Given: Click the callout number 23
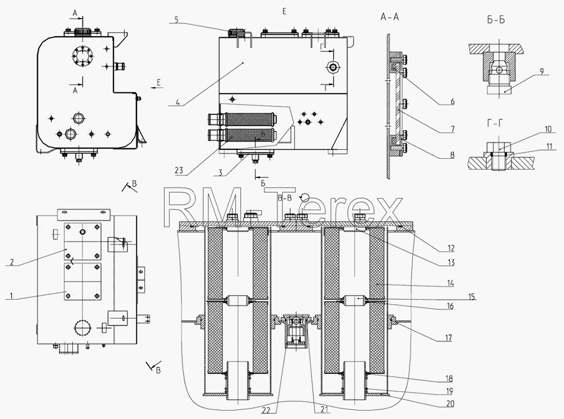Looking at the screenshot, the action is [179, 171].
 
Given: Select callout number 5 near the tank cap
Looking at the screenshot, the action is [177, 19].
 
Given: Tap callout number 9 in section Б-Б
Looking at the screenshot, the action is [541, 72].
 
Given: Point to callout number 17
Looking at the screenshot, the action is [448, 338].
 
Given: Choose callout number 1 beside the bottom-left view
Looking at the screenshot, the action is [11, 296].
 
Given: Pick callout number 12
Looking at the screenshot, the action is [450, 248].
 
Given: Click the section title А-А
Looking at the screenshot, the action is [390, 17].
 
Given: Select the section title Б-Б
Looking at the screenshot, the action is [496, 20].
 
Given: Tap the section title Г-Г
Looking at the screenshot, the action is [495, 123].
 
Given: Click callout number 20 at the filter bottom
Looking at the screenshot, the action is [450, 404].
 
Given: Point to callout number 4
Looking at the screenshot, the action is [177, 102].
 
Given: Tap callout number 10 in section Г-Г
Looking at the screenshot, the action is [548, 128].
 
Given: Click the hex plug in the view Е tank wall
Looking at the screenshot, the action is [332, 67].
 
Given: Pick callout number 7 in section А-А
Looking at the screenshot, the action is [452, 129].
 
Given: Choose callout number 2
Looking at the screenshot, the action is [11, 262].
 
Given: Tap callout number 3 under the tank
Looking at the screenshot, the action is [220, 172].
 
